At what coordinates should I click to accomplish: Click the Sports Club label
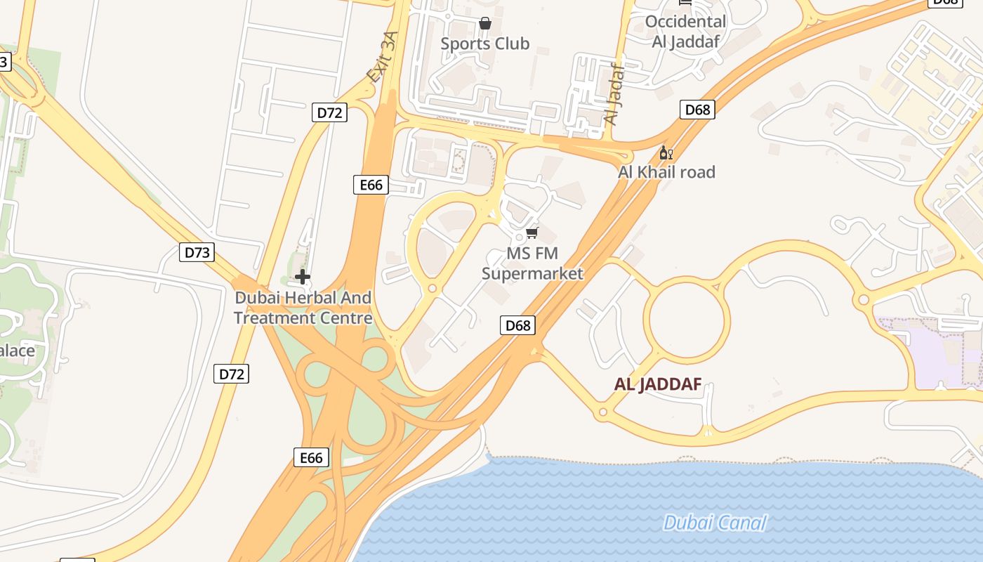tap(484, 44)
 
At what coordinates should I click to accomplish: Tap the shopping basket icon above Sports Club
tap(484, 24)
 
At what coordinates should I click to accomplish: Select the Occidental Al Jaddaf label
tap(685, 31)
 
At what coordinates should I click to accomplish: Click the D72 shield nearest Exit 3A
tap(329, 112)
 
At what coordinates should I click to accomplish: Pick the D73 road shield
tap(197, 252)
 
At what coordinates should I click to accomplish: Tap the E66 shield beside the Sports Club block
tap(371, 185)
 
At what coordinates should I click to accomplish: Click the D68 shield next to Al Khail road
tap(697, 110)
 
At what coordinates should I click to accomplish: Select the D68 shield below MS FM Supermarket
tap(518, 325)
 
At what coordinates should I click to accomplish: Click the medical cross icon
tap(303, 277)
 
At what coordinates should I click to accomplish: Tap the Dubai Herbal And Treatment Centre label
tap(303, 308)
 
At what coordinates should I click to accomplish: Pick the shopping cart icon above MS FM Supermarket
tap(532, 233)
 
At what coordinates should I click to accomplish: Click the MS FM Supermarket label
tap(532, 263)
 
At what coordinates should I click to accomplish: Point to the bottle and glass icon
tap(666, 152)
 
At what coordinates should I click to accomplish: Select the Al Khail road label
tap(666, 172)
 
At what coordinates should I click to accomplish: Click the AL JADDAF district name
tap(657, 384)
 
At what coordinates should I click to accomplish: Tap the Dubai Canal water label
tap(715, 523)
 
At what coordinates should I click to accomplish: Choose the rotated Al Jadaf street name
tap(614, 94)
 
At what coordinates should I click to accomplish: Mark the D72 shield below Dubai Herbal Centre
tap(232, 374)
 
